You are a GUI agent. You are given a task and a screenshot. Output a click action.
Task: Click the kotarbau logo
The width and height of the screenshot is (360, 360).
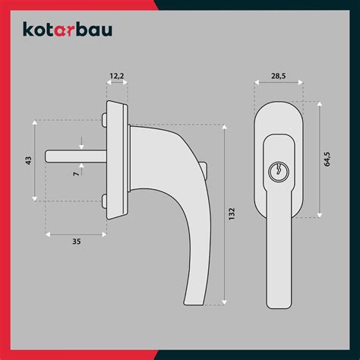click(x=68, y=30)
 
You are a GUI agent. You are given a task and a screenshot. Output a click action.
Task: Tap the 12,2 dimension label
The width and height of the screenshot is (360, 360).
click(x=117, y=76)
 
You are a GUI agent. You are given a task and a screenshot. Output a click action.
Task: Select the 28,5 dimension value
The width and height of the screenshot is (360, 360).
click(x=279, y=76)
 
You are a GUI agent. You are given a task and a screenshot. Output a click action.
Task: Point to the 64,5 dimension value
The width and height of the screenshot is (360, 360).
click(x=327, y=159)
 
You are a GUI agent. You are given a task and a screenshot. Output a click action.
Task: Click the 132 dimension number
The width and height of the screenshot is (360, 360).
click(x=232, y=213)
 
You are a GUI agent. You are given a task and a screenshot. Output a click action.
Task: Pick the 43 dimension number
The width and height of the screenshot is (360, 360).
click(x=28, y=160)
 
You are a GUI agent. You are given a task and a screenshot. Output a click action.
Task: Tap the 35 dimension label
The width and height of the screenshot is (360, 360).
click(x=77, y=242)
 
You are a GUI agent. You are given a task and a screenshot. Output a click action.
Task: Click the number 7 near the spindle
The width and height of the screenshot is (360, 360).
click(x=76, y=174)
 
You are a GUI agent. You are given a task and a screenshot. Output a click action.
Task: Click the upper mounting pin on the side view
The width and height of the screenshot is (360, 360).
click(x=104, y=119)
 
